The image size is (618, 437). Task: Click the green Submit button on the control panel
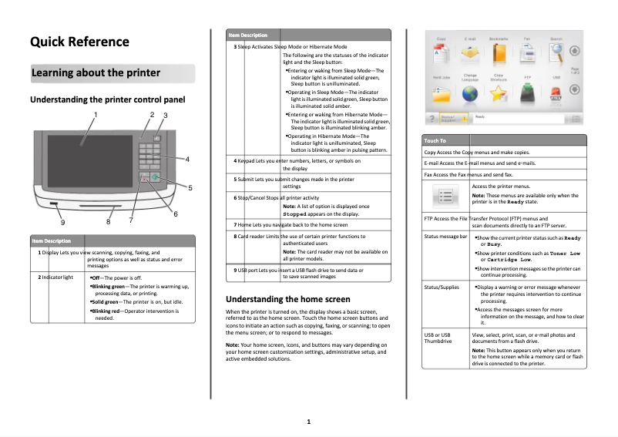[x=155, y=177]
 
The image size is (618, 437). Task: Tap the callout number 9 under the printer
[x=62, y=222]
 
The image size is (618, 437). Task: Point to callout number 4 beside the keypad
[x=188, y=159]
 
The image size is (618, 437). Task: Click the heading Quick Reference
[x=79, y=42]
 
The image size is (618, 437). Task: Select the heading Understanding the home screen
[x=287, y=299]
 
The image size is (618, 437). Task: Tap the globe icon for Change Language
[x=469, y=92]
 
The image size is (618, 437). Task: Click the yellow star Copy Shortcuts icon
[x=499, y=92]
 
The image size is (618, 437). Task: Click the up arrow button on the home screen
[x=575, y=52]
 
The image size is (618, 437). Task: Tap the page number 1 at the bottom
[x=308, y=422]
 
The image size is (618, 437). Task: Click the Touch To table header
[x=435, y=141]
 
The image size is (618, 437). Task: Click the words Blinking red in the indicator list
[x=104, y=311]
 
